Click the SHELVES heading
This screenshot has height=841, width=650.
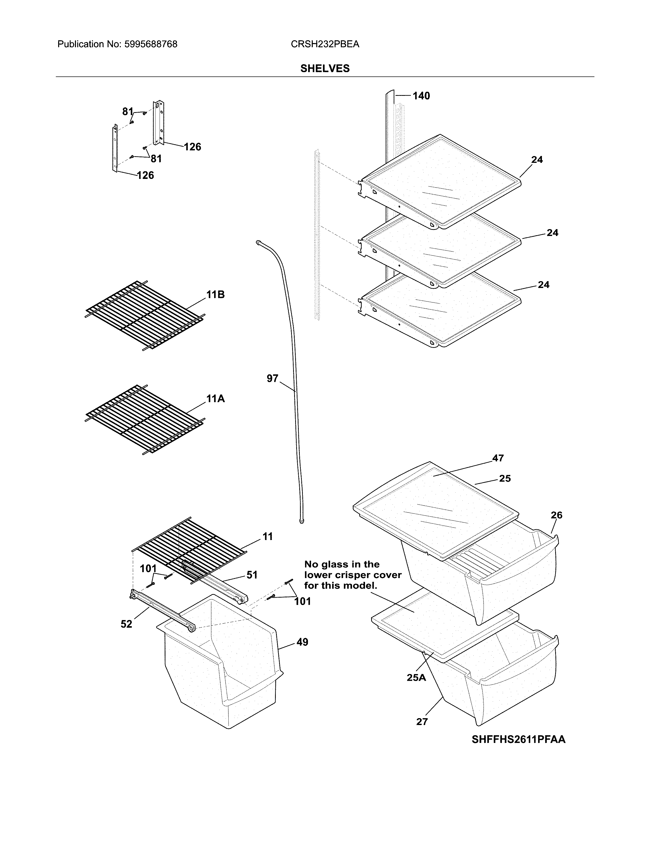pos(324,69)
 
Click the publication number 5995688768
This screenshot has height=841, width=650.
pos(151,44)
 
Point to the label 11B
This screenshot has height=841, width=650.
pos(215,295)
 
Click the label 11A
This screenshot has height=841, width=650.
pos(215,399)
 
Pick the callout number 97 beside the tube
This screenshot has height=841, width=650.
pos(272,378)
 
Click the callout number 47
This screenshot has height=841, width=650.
pos(498,458)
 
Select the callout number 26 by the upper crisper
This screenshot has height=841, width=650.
pos(556,515)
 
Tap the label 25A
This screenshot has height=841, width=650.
pos(416,678)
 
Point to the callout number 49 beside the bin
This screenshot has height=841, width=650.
pos(302,642)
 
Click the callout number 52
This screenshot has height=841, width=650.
pos(126,624)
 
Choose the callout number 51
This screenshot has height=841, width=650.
pos(252,575)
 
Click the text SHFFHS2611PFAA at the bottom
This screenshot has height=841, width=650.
pos(518,740)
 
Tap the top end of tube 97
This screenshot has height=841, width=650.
pos(257,242)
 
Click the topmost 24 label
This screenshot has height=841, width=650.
pos(537,160)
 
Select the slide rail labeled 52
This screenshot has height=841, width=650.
pos(162,610)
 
